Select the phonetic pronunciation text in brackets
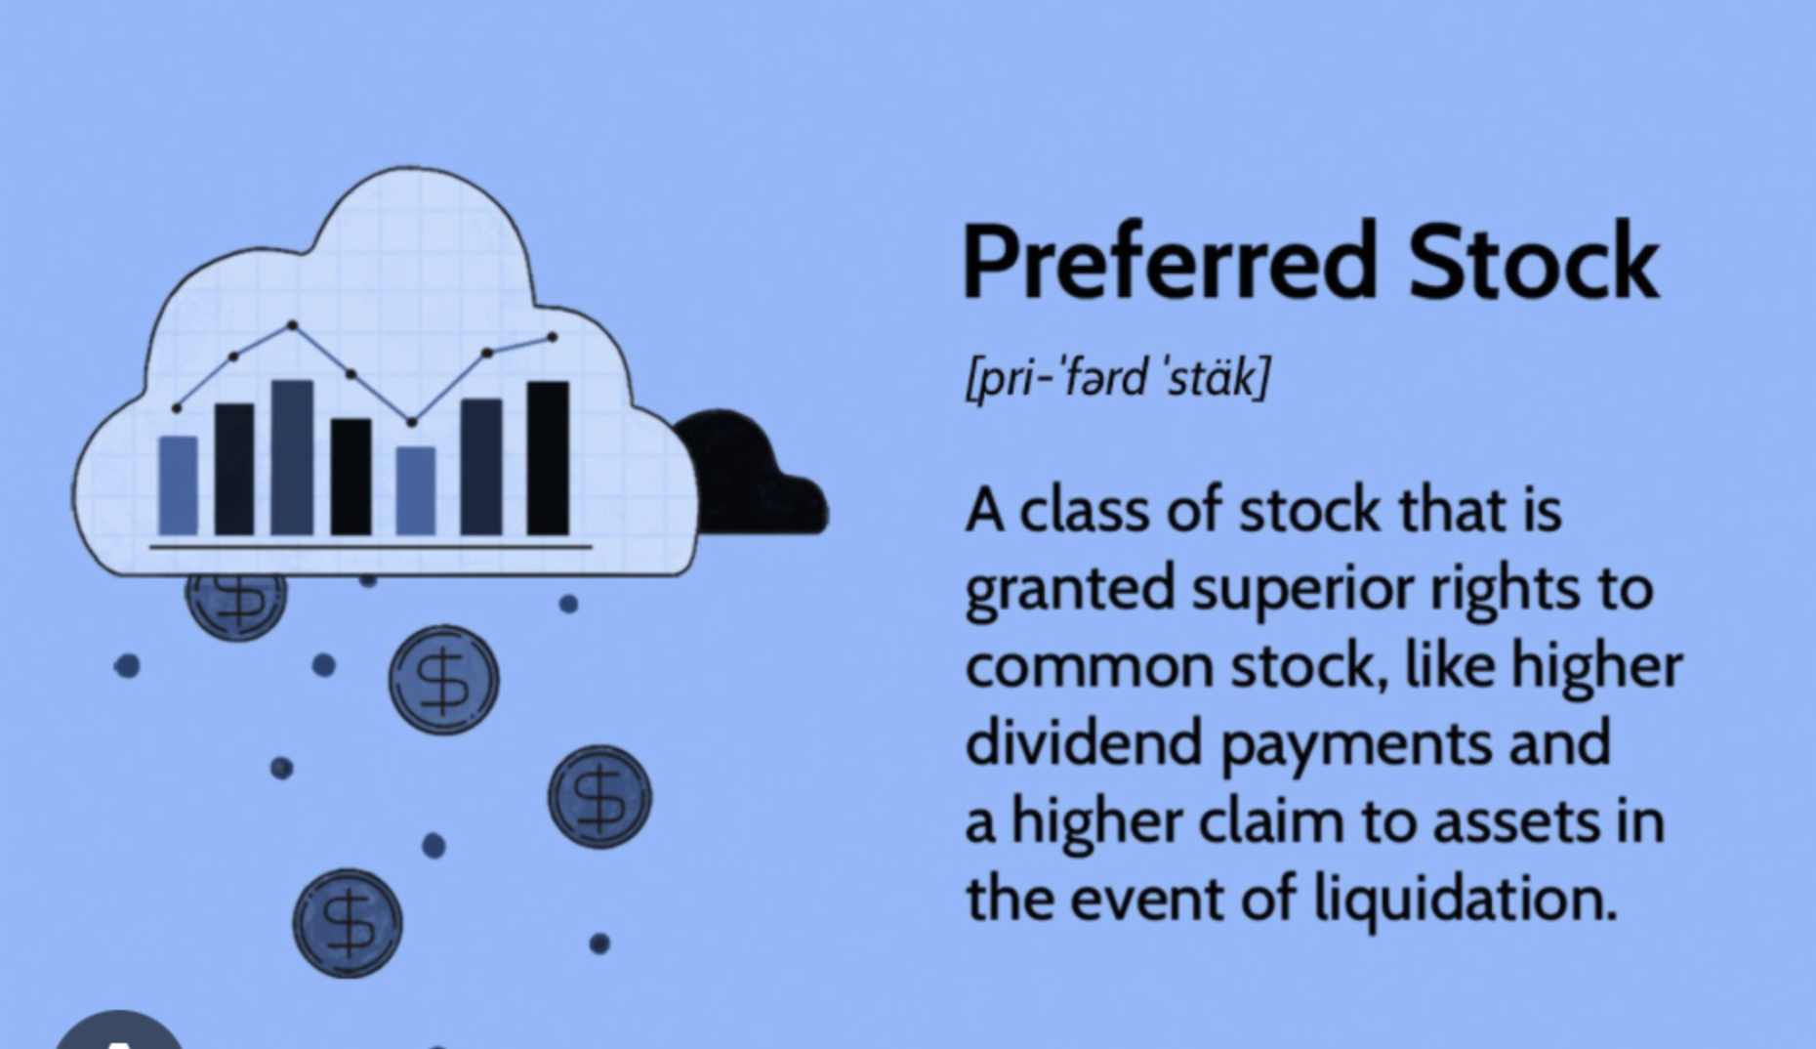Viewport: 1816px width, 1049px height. (x=1118, y=377)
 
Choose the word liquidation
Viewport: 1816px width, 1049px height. (x=1465, y=900)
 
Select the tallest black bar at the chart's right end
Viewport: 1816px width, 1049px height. (x=548, y=458)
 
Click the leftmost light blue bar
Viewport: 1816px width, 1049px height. (x=178, y=485)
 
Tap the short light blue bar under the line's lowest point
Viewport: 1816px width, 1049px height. (x=416, y=491)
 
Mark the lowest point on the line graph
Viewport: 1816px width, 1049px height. (x=411, y=422)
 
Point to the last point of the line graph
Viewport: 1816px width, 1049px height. (x=553, y=337)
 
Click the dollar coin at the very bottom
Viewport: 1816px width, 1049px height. (x=348, y=923)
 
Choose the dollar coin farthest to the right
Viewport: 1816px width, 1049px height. (x=599, y=796)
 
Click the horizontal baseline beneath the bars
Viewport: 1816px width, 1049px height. (x=371, y=547)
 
